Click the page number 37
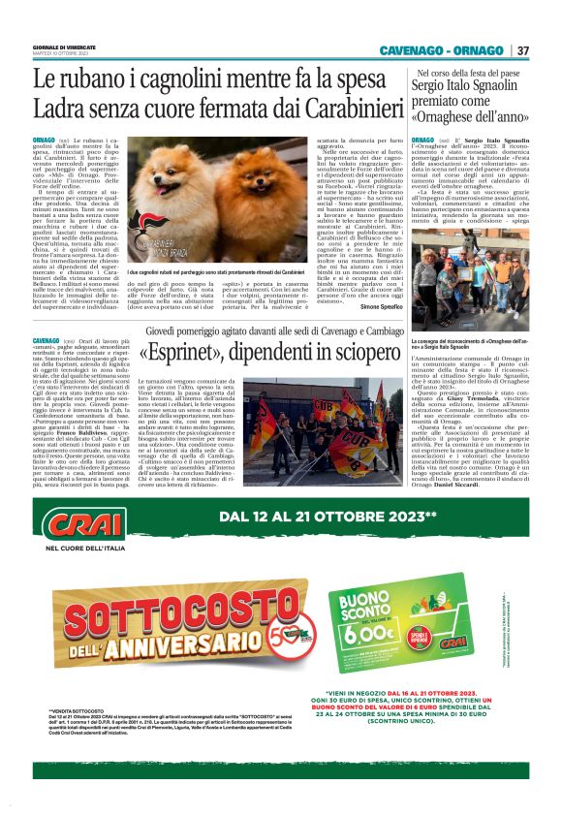(523, 50)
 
